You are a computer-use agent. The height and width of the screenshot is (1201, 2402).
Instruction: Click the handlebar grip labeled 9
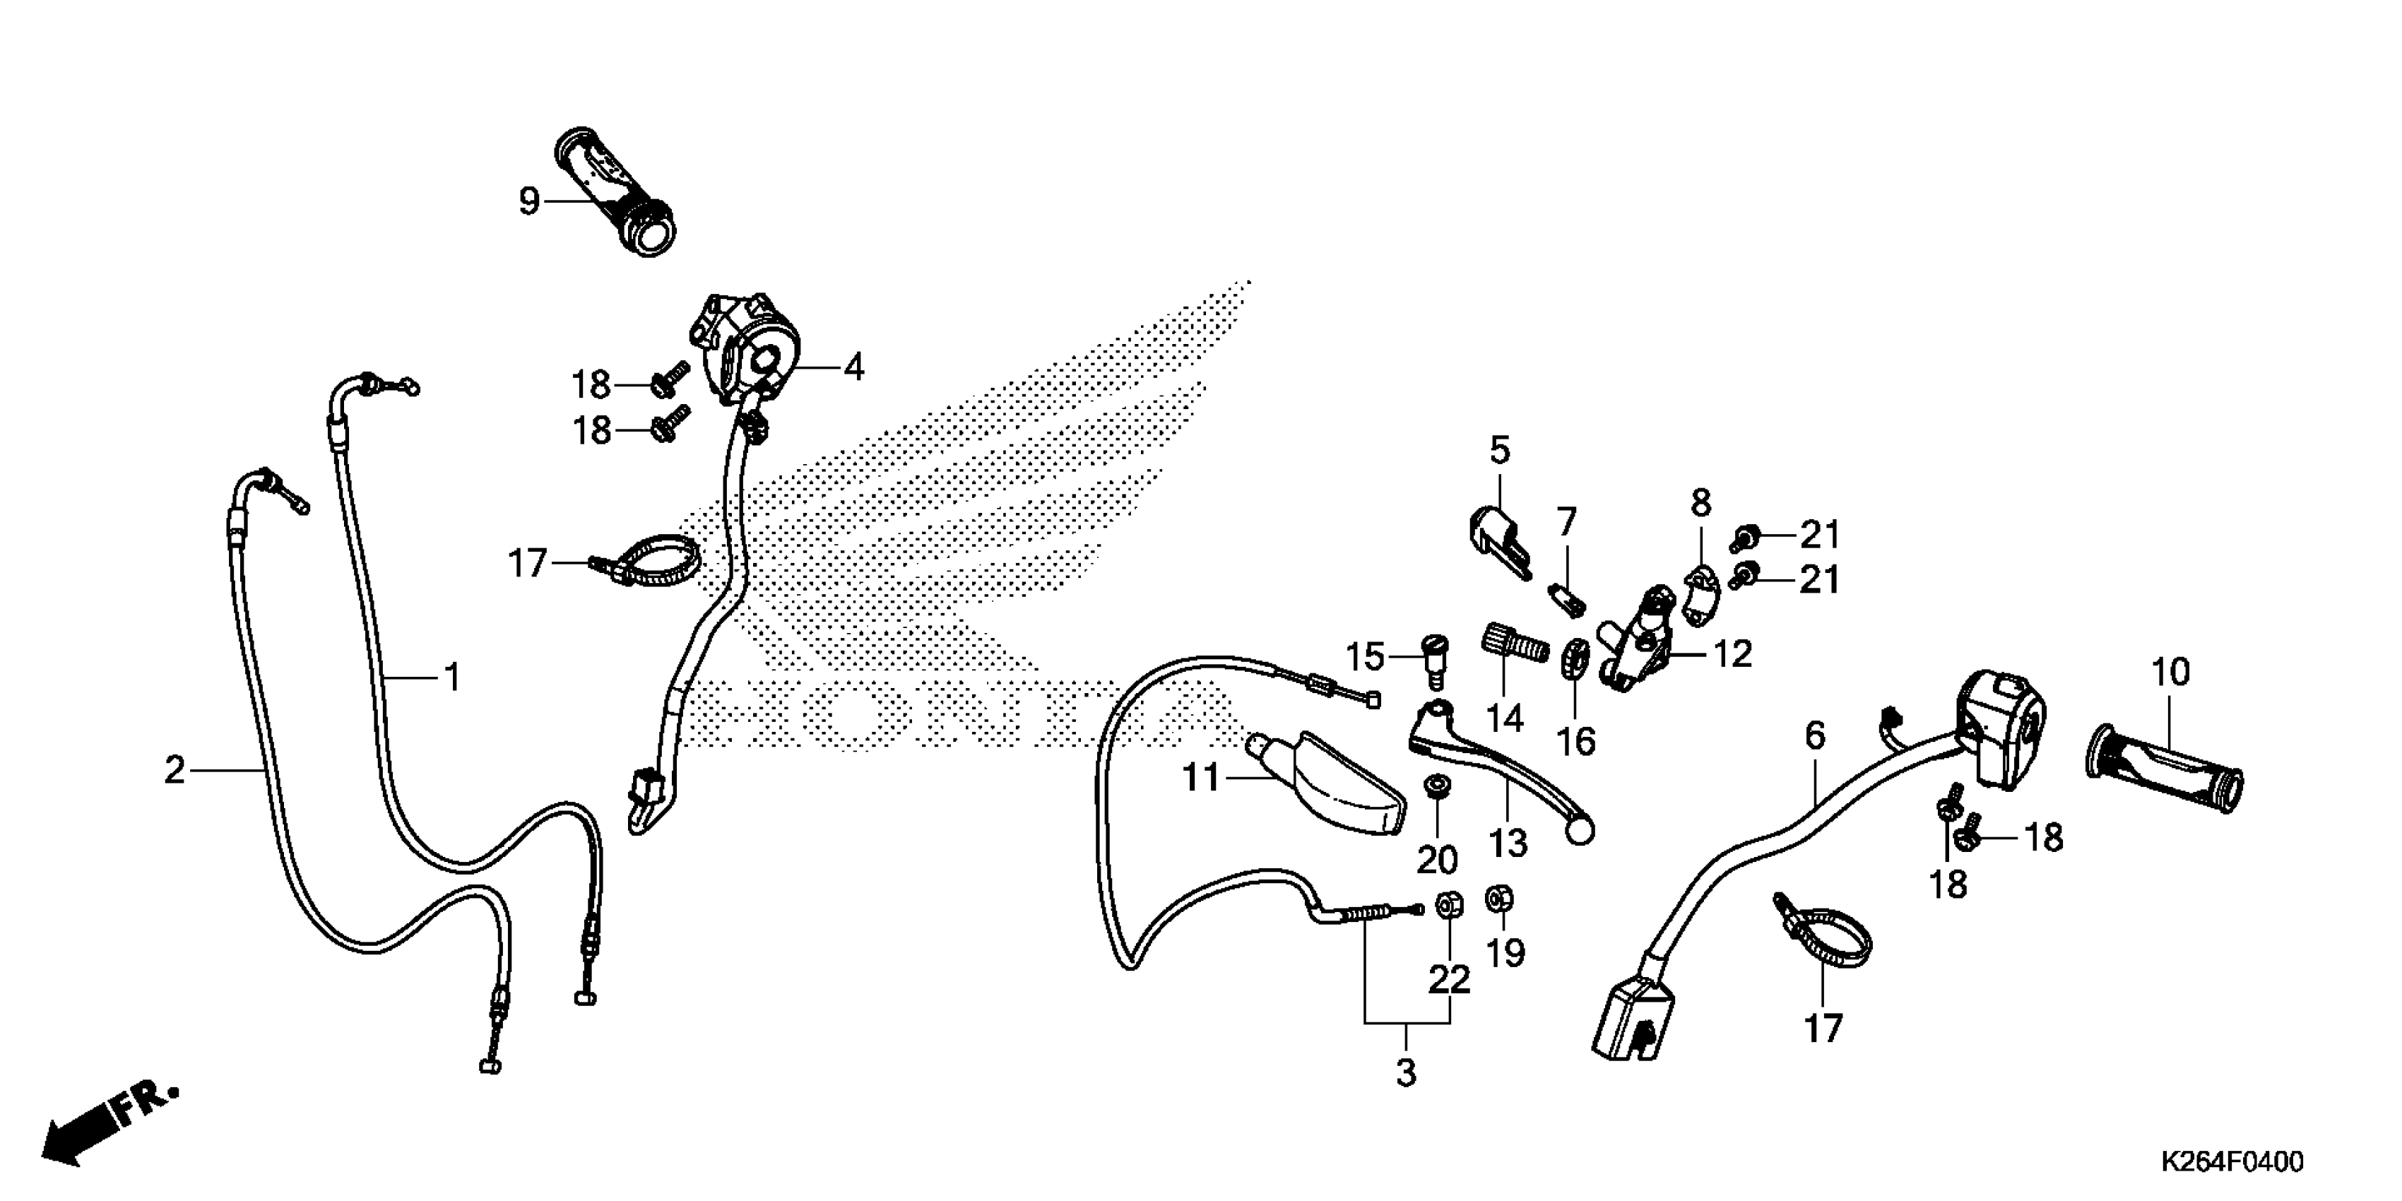point(615,191)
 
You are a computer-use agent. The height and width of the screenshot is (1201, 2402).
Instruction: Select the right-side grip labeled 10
point(2163,767)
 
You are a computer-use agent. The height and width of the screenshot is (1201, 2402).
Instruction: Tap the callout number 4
point(853,367)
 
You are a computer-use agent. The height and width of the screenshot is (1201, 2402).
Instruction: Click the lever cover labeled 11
point(1329,781)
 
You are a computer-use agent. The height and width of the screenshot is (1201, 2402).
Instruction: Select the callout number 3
point(1406,1072)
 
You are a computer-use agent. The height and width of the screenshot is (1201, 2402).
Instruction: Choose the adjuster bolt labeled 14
point(1513,644)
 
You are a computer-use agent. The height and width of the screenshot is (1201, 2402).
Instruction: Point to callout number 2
point(174,770)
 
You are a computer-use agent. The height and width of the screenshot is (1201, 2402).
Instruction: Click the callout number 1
point(452,677)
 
